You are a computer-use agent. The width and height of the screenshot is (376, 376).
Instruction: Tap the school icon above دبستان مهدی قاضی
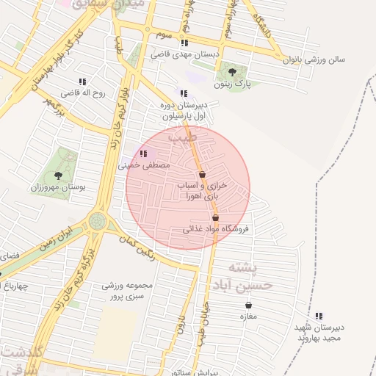184,43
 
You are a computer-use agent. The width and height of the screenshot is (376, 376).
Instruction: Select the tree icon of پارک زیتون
233,72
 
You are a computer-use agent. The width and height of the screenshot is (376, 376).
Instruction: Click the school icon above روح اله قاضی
82,82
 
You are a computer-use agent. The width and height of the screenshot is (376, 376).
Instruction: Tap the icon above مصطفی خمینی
143,153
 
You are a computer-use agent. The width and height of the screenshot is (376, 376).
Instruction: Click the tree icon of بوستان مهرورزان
58,176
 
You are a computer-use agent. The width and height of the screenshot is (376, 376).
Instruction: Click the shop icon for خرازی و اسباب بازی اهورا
202,174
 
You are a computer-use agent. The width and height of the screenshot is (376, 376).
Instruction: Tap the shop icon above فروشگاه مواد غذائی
215,217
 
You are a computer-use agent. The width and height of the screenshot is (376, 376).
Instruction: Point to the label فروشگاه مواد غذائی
216,229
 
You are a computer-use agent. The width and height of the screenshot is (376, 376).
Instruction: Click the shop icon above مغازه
248,305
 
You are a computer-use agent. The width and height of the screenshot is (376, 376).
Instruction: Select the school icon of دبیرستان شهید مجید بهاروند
319,316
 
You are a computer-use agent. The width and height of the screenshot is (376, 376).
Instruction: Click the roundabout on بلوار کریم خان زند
98,220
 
